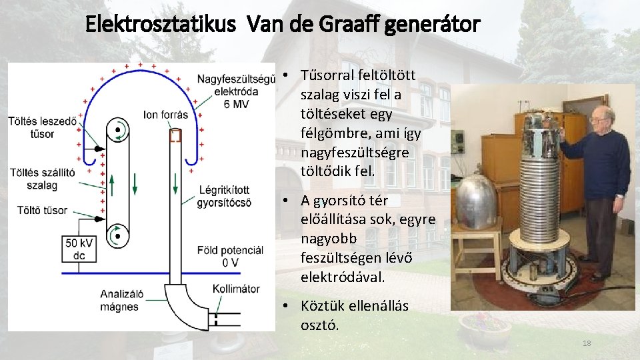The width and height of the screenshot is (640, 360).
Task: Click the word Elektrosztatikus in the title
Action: (x=160, y=26)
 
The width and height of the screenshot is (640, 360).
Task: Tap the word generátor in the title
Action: (x=437, y=26)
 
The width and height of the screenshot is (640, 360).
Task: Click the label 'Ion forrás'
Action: (x=166, y=115)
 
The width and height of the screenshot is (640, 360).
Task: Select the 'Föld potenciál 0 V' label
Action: (x=230, y=256)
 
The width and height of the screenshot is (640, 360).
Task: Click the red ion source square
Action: (x=175, y=136)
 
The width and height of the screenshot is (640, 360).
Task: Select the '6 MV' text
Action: (x=238, y=105)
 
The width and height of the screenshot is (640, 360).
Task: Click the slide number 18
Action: (x=587, y=343)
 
